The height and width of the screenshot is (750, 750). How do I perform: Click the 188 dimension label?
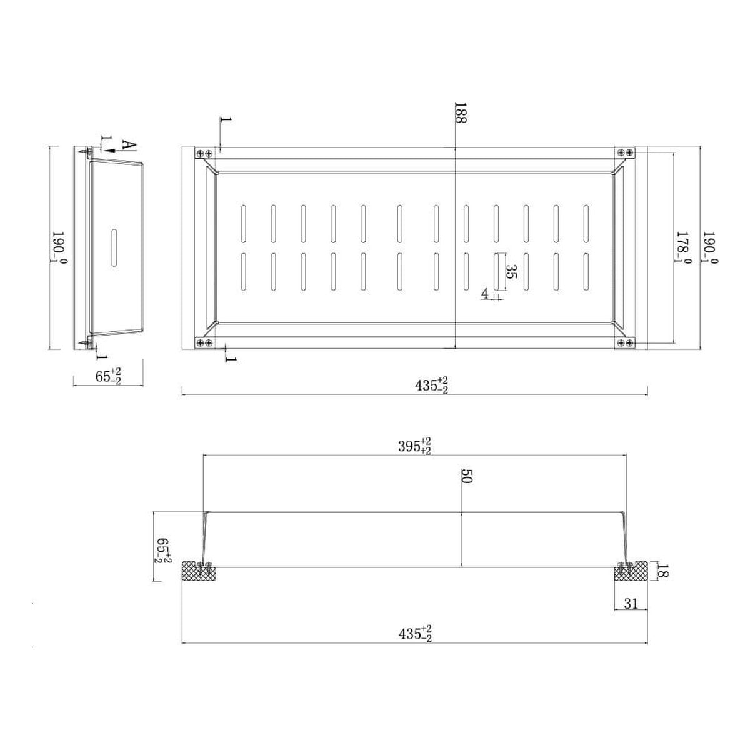click(x=461, y=113)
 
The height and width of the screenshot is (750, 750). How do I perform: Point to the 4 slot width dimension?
click(x=484, y=294)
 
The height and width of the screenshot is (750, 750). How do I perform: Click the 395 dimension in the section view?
click(x=414, y=446)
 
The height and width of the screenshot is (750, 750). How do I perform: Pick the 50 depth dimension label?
click(x=466, y=476)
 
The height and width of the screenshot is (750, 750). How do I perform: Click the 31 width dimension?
click(x=631, y=604)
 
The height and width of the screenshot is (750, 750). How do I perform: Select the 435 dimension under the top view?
click(x=431, y=386)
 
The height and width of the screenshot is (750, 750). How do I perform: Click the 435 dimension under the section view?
click(x=415, y=634)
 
